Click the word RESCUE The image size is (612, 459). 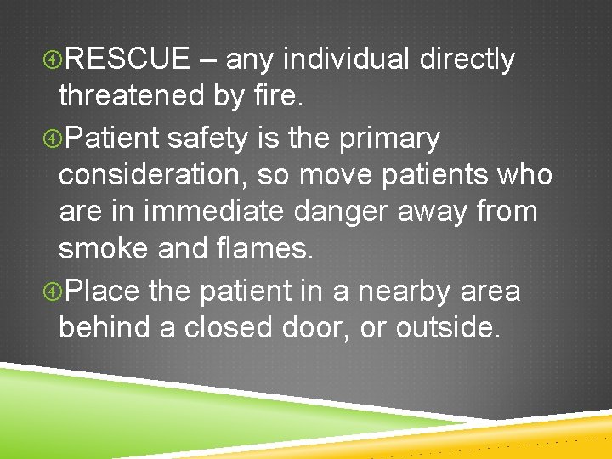(127, 59)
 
